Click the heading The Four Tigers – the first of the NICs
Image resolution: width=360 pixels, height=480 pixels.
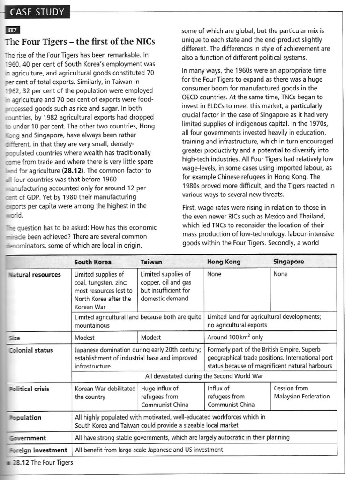pyautogui.click(x=80, y=42)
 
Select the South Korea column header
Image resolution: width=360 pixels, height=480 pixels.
pyautogui.click(x=93, y=262)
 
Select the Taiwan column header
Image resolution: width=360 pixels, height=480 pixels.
pyautogui.click(x=151, y=262)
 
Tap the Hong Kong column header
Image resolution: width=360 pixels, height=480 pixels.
pyautogui.click(x=224, y=262)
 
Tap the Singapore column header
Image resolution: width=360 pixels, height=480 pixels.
pyautogui.click(x=288, y=262)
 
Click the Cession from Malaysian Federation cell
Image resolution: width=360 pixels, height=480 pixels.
pyautogui.click(x=301, y=392)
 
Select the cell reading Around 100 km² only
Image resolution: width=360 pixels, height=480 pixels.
pyautogui.click(x=235, y=337)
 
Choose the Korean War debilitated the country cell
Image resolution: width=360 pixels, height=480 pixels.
pyautogui.click(x=105, y=392)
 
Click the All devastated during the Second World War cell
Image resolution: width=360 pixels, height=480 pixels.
pyautogui.click(x=204, y=376)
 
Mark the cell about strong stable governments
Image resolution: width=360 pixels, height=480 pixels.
pyautogui.click(x=182, y=437)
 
